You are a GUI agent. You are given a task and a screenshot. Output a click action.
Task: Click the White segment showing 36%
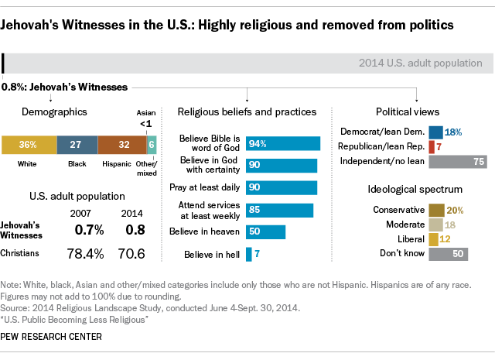(x=29, y=144)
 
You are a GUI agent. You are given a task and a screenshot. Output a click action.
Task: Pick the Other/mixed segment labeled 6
(x=152, y=144)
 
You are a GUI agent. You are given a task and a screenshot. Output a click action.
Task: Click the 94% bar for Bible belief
(x=283, y=143)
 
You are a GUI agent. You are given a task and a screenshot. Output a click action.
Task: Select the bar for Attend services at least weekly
(x=279, y=211)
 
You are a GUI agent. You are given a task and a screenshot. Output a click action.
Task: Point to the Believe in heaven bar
(x=265, y=232)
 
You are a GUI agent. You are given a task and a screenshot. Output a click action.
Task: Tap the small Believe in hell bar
(x=249, y=254)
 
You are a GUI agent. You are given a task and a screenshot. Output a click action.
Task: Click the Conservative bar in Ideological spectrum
(x=436, y=210)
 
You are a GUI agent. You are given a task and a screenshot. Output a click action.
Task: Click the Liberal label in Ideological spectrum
(x=410, y=238)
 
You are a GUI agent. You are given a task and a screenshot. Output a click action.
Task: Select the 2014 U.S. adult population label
(x=421, y=63)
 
